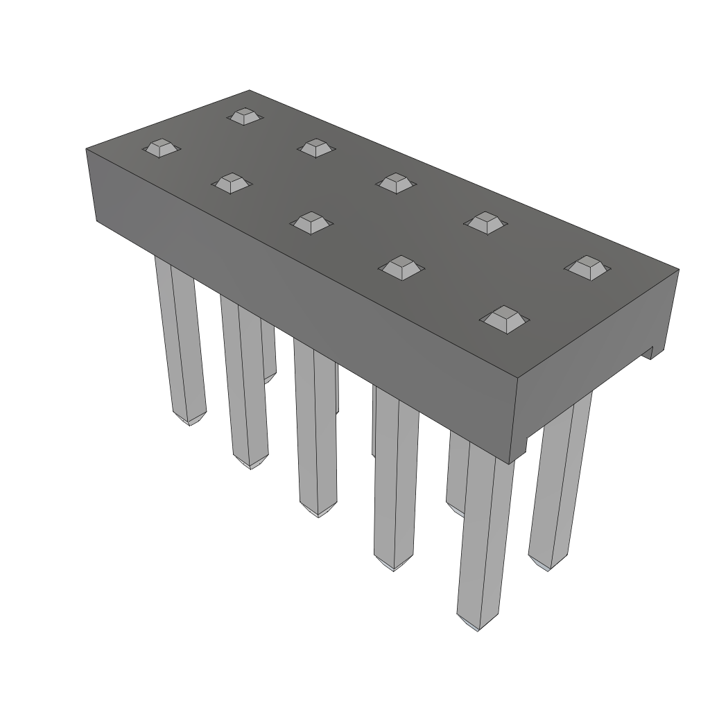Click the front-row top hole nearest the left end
(160, 147)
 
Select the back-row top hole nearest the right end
(587, 268)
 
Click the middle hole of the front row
(310, 223)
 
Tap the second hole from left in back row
(316, 147)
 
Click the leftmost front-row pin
(179, 340)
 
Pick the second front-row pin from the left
(243, 381)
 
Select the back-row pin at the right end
(560, 478)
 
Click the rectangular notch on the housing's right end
(648, 352)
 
